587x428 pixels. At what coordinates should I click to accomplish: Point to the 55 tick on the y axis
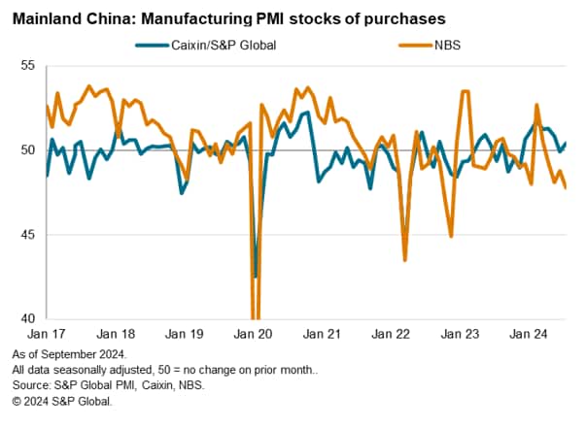[x=26, y=65]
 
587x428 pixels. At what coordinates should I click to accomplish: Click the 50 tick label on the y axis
[x=26, y=149]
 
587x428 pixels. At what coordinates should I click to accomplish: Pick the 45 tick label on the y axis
[x=26, y=235]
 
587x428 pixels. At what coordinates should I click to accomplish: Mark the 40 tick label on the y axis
[x=26, y=318]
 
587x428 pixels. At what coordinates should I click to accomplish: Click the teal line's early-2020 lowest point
[x=256, y=277]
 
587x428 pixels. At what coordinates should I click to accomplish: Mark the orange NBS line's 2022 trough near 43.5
[x=405, y=259]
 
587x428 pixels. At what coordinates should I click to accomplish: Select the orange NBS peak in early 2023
[x=466, y=91]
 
